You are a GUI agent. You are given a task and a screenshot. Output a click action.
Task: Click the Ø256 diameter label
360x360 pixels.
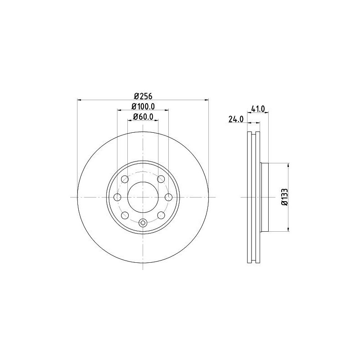pos(143,96)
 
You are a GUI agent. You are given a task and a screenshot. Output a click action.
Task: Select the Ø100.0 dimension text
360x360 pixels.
pos(143,107)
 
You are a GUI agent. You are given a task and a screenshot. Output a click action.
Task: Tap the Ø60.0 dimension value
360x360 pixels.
pos(143,117)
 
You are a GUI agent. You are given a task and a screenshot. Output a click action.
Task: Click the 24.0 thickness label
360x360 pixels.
pos(236,119)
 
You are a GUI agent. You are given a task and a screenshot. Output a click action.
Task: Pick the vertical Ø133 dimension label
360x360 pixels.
pos(285,197)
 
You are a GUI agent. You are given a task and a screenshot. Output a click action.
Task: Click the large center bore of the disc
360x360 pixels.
pos(143,197)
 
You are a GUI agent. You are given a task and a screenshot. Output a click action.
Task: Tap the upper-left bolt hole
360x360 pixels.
pos(125,180)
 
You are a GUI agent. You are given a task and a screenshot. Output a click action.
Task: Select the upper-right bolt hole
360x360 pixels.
pos(161,180)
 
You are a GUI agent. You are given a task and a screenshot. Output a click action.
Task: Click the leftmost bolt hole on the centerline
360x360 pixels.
pos(117,197)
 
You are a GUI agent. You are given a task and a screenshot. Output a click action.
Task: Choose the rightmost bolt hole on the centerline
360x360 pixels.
pos(169,197)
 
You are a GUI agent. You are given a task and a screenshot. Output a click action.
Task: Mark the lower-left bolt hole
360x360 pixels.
pos(125,215)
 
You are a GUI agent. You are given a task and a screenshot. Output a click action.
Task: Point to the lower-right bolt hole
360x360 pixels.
pos(161,215)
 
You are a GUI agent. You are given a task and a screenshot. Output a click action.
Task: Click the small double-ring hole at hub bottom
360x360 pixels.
pos(143,222)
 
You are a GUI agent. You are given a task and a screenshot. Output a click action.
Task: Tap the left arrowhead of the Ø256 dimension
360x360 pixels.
pos(80,99)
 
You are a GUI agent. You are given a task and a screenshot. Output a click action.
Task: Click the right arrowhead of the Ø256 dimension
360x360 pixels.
pos(207,99)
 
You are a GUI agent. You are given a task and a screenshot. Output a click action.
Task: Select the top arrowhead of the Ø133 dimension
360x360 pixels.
pos(288,165)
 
